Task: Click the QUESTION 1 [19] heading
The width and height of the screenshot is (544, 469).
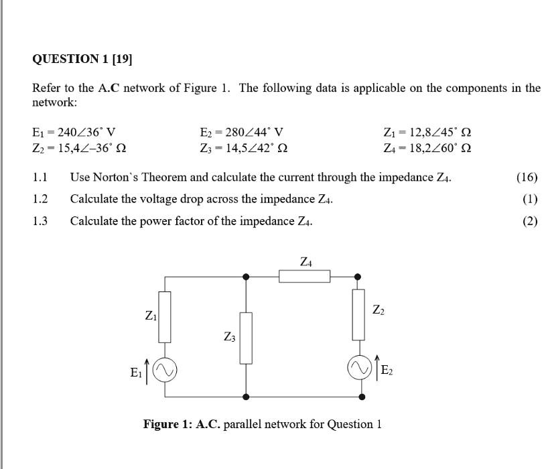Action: (x=82, y=59)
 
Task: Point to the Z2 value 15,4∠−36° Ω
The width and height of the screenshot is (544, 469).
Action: (x=80, y=147)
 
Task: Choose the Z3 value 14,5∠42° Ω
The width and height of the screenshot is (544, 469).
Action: (x=245, y=147)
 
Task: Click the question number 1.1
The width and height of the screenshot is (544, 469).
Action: (x=40, y=178)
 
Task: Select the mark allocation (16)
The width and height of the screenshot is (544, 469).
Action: (x=527, y=178)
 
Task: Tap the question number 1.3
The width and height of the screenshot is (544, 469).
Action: (x=40, y=221)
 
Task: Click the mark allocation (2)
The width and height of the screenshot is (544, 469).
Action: (x=530, y=221)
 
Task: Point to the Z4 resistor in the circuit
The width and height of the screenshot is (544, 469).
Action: (x=304, y=276)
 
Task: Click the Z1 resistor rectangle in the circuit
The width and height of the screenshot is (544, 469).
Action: (x=165, y=316)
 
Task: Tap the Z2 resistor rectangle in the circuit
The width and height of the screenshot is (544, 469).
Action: (x=358, y=314)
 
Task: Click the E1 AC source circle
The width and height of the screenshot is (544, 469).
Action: (x=165, y=371)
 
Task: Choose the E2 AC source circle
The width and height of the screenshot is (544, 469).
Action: (x=358, y=368)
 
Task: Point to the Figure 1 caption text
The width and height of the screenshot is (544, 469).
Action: (x=262, y=424)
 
